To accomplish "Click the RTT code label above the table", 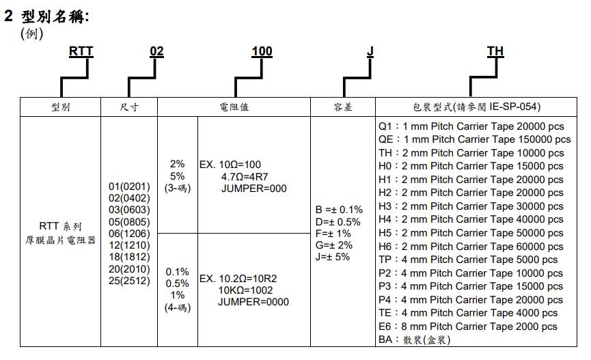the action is (x=81, y=51).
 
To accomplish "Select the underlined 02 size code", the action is (x=156, y=51).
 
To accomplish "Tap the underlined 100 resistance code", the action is (x=262, y=51).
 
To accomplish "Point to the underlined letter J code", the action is (x=370, y=51).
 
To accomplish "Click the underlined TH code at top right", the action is (x=495, y=51).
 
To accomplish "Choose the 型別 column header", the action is (x=60, y=107).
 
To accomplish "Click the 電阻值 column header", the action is (x=234, y=107).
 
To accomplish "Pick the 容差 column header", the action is (x=343, y=107).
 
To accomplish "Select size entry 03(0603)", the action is (x=129, y=210).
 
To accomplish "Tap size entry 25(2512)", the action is (x=129, y=281).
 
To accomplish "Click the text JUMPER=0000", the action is (x=253, y=302).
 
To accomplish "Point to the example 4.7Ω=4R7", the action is (x=245, y=176).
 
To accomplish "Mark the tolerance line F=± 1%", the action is (x=333, y=234).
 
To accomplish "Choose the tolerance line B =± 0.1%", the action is (x=339, y=210).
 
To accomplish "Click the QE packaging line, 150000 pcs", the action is (x=475, y=139).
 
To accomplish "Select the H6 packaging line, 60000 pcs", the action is (x=471, y=247).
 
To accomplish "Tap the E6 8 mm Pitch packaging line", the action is (x=468, y=327).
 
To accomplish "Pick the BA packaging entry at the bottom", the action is (x=415, y=340).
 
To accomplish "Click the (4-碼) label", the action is (x=178, y=307).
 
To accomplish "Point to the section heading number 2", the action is (x=8, y=16).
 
